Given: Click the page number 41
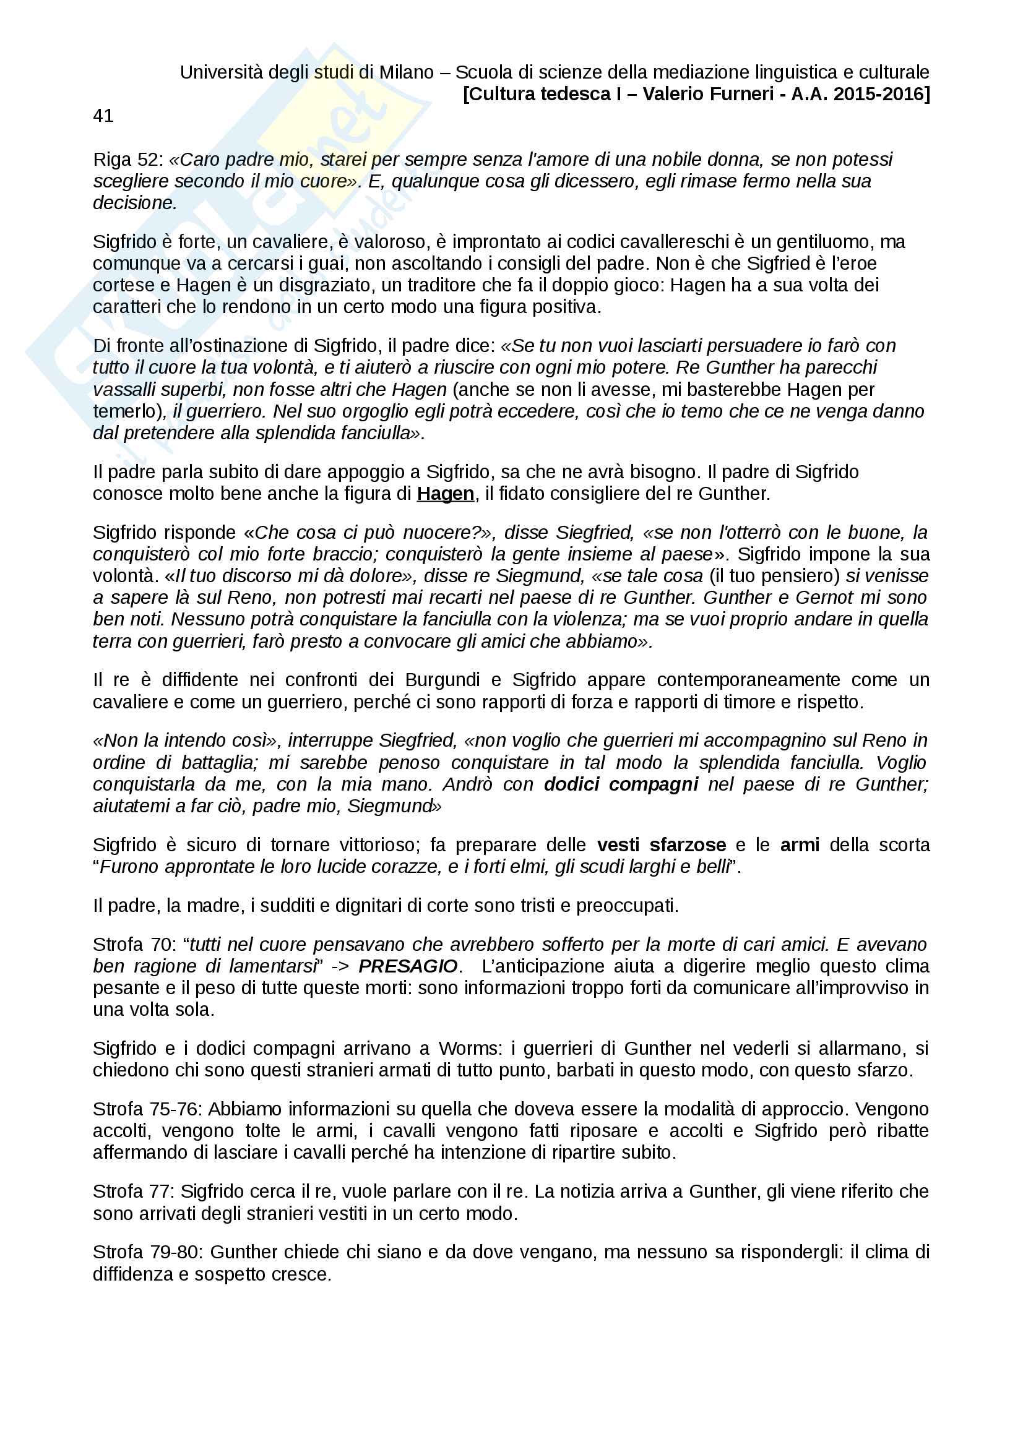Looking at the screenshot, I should coord(103,115).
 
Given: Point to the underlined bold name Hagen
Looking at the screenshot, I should coord(445,494).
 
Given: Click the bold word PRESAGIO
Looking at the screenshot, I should coord(408,966).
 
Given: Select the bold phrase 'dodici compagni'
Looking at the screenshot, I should coord(621,784).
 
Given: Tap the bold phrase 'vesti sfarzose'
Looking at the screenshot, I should coord(661,844).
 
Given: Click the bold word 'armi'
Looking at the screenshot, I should coord(799,844).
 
